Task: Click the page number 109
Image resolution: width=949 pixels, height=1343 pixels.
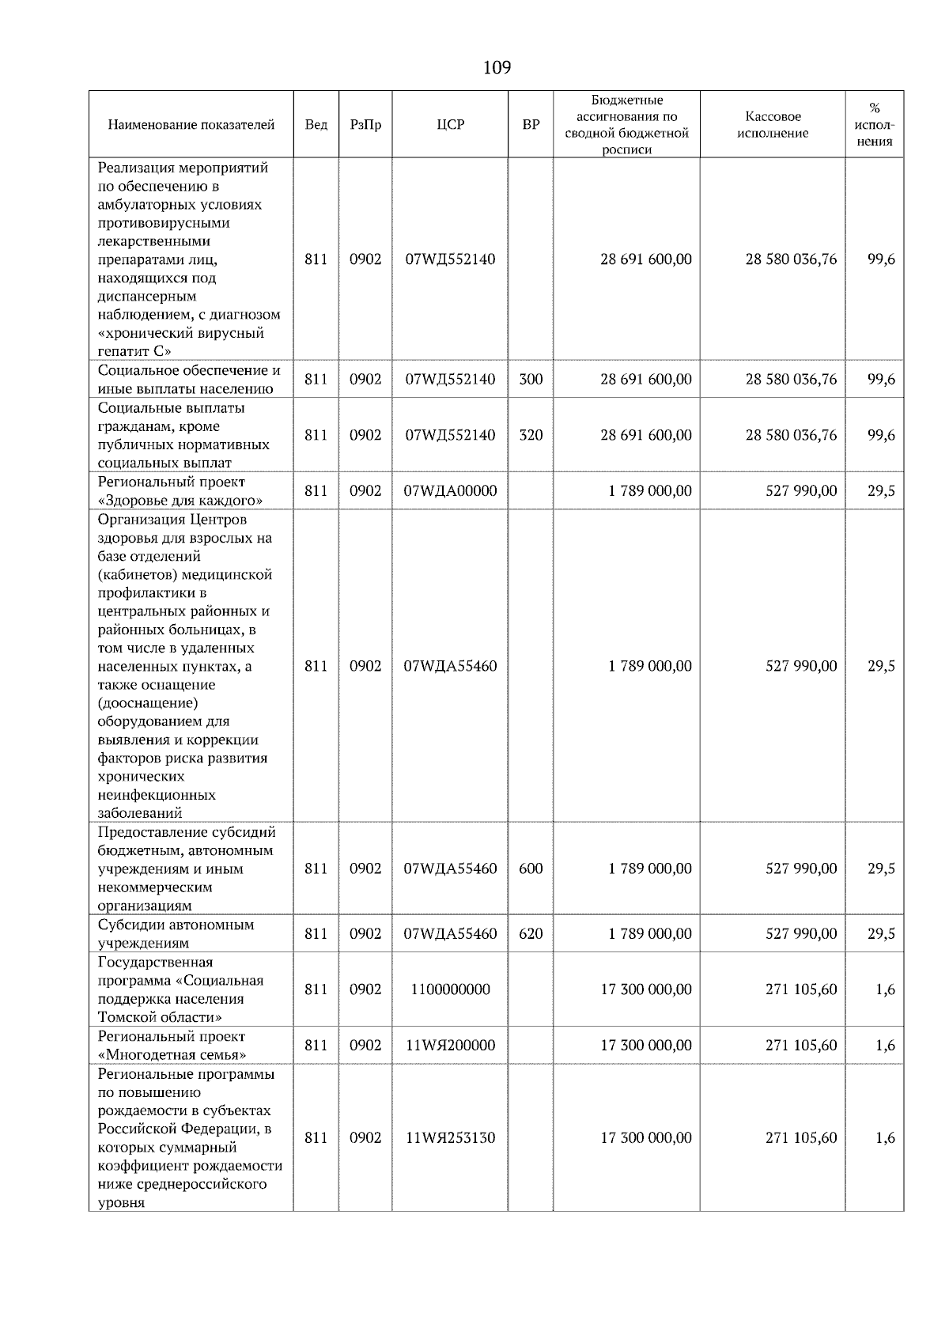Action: pyautogui.click(x=497, y=67)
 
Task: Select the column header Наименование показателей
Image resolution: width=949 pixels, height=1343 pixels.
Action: pyautogui.click(x=191, y=125)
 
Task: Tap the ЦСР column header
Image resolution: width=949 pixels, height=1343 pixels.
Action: pyautogui.click(x=450, y=125)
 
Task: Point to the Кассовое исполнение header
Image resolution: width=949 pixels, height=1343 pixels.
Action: pyautogui.click(x=772, y=125)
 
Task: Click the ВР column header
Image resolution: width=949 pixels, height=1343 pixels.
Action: pyautogui.click(x=531, y=125)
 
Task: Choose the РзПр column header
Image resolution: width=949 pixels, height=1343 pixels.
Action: pyautogui.click(x=365, y=125)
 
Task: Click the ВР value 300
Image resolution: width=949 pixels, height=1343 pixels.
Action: pyautogui.click(x=531, y=380)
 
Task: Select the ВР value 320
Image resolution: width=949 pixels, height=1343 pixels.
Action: pyautogui.click(x=531, y=435)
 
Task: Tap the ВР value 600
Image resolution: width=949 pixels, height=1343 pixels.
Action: pyautogui.click(x=531, y=868)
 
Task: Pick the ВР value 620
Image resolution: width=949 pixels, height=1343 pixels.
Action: pyautogui.click(x=531, y=934)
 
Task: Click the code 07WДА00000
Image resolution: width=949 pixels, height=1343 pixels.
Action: pyautogui.click(x=450, y=491)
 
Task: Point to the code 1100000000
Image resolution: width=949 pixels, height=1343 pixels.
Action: pyautogui.click(x=450, y=989)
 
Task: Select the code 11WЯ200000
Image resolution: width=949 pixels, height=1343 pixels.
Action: pyautogui.click(x=450, y=1046)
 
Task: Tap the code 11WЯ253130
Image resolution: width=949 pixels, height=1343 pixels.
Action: pyautogui.click(x=450, y=1138)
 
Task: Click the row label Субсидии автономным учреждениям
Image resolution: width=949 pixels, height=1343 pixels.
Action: pyautogui.click(x=176, y=934)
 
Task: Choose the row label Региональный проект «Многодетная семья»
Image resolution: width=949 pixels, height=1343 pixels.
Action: pyautogui.click(x=172, y=1046)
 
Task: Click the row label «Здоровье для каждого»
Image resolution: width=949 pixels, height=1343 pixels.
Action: pyautogui.click(x=180, y=501)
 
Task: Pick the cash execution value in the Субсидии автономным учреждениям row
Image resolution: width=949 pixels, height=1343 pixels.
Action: pyautogui.click(x=800, y=934)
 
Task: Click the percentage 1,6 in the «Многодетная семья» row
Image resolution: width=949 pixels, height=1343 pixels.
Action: pyautogui.click(x=885, y=1046)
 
